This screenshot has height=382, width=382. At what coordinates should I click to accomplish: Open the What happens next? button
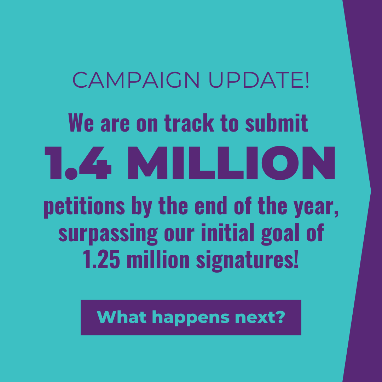point(191,317)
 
